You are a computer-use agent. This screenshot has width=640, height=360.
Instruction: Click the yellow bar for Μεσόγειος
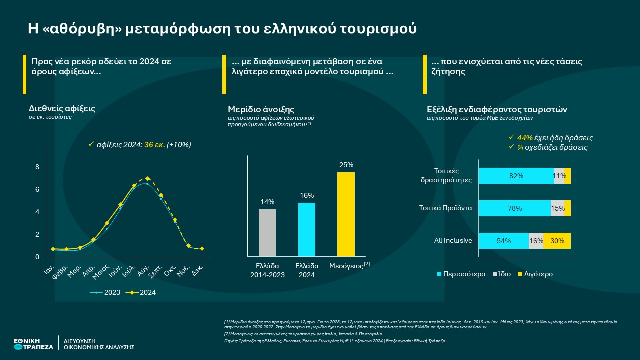tap(346, 214)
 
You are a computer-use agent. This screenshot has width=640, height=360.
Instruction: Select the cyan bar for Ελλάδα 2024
tap(306, 229)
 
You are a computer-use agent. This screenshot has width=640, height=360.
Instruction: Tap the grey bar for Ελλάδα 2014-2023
tap(267, 233)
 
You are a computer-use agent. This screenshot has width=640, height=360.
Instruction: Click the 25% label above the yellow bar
tap(346, 165)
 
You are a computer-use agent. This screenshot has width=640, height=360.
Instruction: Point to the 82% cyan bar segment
tap(516, 176)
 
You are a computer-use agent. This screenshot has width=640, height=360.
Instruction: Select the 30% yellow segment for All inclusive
tap(557, 241)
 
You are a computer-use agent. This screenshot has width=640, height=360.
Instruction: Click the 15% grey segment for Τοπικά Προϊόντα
tap(557, 208)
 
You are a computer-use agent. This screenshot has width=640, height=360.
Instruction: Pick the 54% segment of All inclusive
tap(503, 241)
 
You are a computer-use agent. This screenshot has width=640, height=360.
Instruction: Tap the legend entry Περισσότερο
tap(461, 274)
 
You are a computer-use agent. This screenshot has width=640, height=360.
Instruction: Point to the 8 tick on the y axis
tap(37, 167)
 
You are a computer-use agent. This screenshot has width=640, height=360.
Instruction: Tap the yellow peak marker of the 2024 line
tap(147, 178)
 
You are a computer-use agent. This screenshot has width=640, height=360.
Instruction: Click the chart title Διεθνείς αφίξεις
tap(62, 108)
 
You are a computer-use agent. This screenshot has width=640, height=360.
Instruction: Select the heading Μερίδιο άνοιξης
tap(261, 109)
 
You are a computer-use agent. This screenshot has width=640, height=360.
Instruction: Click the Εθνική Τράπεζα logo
tap(33, 343)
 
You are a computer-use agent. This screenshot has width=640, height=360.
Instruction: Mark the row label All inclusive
tap(453, 241)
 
